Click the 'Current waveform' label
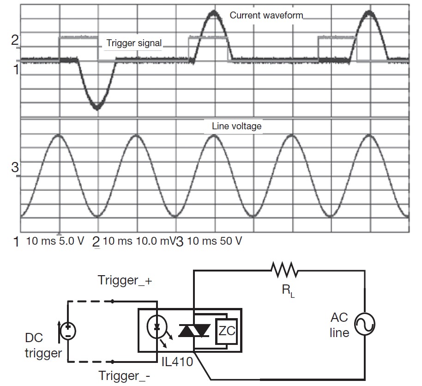(x=266, y=15)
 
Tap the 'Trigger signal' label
(x=134, y=43)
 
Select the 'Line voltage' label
(x=237, y=126)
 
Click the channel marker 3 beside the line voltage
(x=14, y=168)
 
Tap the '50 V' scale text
(x=229, y=241)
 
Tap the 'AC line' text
(x=339, y=326)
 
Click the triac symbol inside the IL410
(x=194, y=330)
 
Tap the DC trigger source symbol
(x=68, y=330)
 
